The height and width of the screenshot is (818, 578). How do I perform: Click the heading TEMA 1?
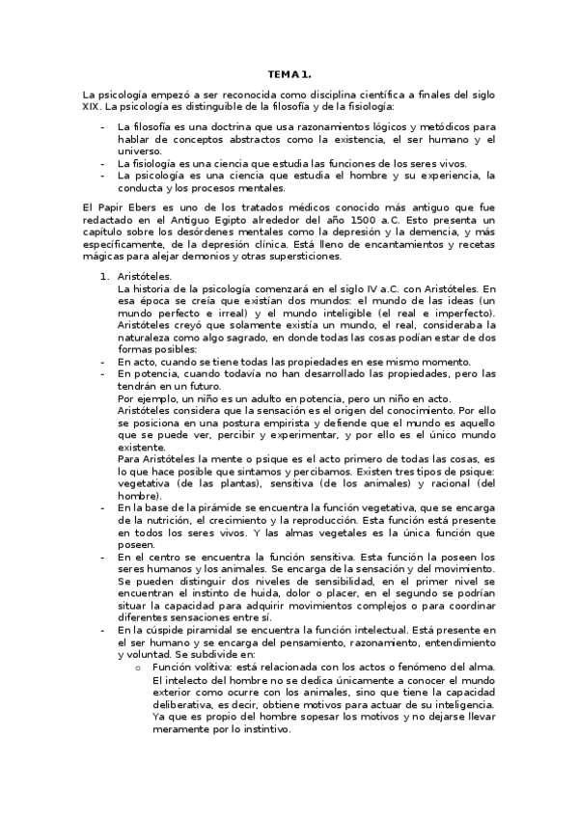coord(289,74)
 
